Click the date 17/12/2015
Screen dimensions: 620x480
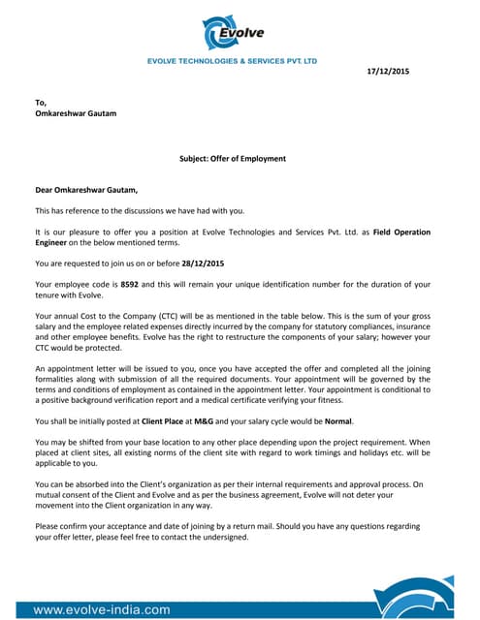click(x=388, y=71)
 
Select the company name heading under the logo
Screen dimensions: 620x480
click(x=232, y=60)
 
